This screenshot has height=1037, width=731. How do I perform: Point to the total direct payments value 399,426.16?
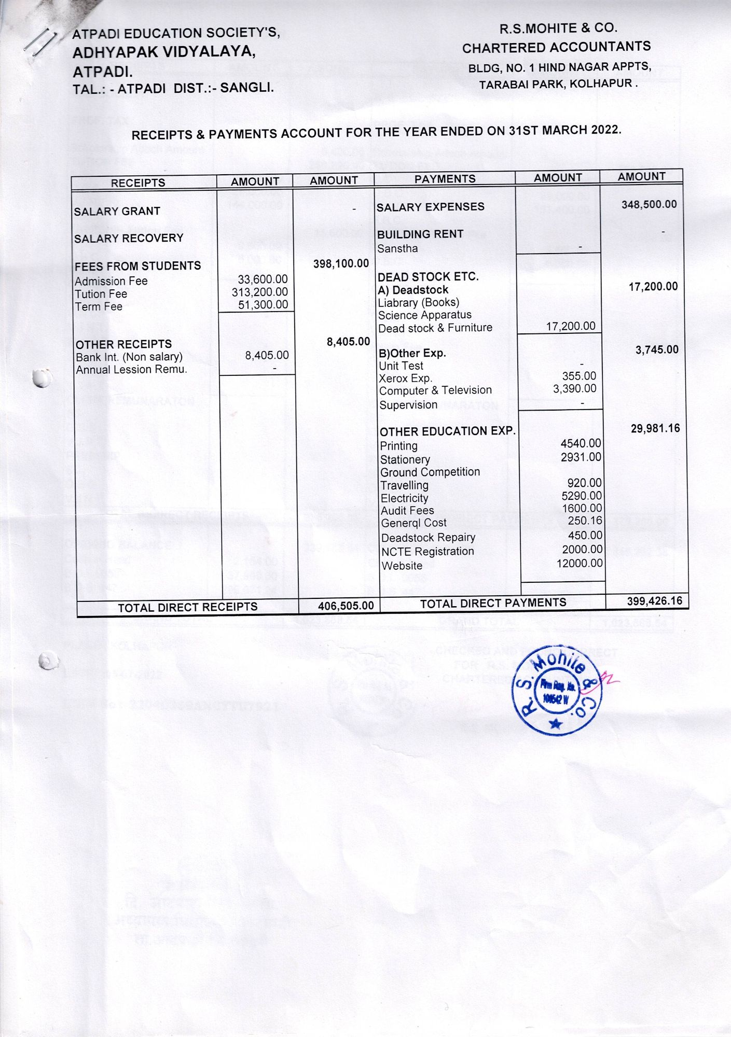[x=655, y=601]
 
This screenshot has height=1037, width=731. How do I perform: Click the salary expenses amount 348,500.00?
[x=649, y=204]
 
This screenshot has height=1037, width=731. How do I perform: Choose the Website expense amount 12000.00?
[x=580, y=563]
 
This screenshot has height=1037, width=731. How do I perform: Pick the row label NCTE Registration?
[x=427, y=552]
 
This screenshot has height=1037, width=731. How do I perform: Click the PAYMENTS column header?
[x=445, y=179]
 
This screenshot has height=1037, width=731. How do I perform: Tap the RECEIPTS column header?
[x=138, y=183]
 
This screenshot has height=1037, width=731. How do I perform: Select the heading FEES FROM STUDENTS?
[x=137, y=266]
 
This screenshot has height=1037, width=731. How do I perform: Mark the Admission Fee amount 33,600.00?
[x=263, y=280]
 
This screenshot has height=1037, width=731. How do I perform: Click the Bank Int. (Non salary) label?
[x=129, y=357]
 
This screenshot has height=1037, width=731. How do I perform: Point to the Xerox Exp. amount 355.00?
[x=579, y=376]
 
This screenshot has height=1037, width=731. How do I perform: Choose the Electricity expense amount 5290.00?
[x=582, y=496]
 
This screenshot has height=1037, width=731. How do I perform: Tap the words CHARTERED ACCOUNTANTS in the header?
[x=556, y=48]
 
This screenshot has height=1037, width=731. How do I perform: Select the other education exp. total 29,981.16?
[x=655, y=428]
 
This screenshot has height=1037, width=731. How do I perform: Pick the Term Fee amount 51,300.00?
[x=263, y=305]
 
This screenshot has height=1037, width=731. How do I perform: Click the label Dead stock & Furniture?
[x=435, y=328]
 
